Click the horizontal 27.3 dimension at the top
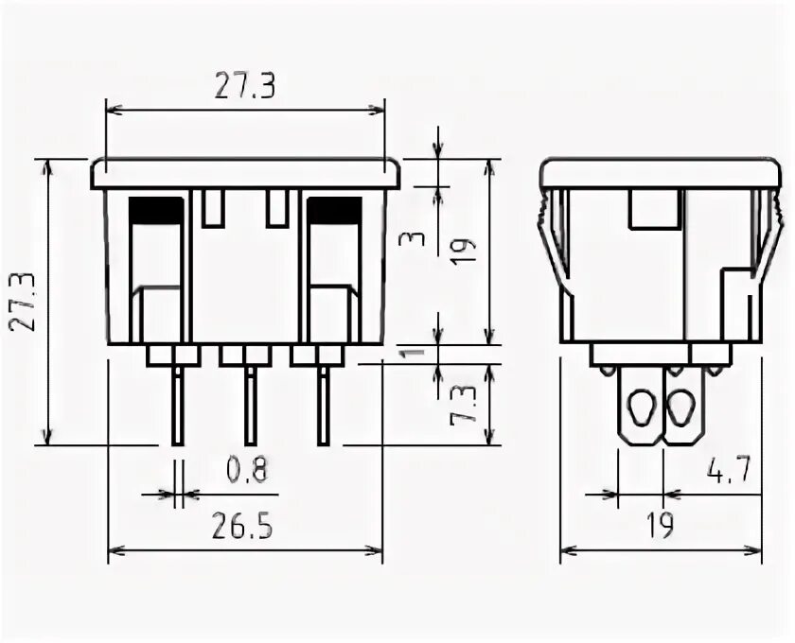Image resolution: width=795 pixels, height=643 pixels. click(x=244, y=86)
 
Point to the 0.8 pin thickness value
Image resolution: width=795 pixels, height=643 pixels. click(x=247, y=468)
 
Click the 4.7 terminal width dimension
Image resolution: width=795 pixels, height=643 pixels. click(x=729, y=470)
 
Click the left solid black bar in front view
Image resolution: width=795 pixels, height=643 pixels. click(x=156, y=210)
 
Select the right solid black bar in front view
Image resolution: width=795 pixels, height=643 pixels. click(x=333, y=210)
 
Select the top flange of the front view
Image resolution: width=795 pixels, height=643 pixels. click(x=246, y=174)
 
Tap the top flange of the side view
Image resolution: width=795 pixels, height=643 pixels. click(x=661, y=174)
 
